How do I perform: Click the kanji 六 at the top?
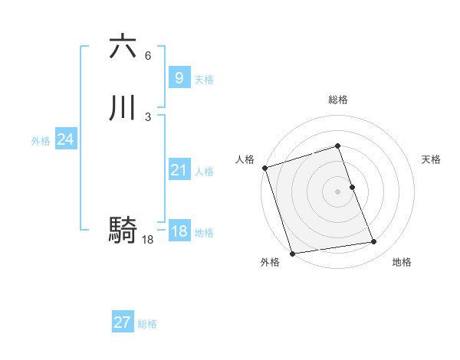(x=123, y=47)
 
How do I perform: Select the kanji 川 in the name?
(x=123, y=109)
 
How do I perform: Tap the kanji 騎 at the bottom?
(x=123, y=230)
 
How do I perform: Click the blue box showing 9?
(x=179, y=78)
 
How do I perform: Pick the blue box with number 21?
(x=179, y=170)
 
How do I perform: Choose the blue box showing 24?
(x=65, y=139)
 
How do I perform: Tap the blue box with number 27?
(x=122, y=322)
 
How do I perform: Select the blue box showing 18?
(x=179, y=231)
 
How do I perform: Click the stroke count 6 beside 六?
(x=148, y=55)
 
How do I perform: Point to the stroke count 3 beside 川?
(x=148, y=116)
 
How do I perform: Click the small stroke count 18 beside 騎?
(x=148, y=240)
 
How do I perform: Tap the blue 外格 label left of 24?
(x=41, y=141)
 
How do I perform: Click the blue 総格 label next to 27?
(x=147, y=324)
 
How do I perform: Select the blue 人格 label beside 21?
(x=204, y=172)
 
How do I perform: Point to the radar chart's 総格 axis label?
(x=338, y=100)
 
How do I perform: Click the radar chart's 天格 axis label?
(x=431, y=159)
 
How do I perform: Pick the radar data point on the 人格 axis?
(x=264, y=168)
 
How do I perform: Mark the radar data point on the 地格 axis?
(x=374, y=242)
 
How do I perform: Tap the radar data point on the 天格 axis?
(x=352, y=187)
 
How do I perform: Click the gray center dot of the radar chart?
(x=338, y=191)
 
